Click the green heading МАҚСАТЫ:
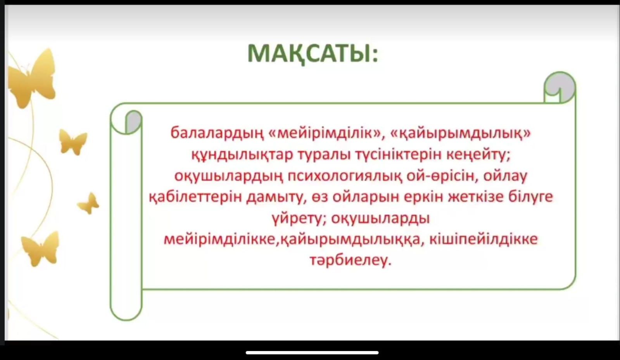[x=313, y=54]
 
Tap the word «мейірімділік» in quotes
[x=325, y=133]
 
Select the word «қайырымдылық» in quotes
[x=460, y=133]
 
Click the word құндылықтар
[x=242, y=155]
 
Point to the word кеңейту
[x=478, y=155]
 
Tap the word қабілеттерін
[x=195, y=197]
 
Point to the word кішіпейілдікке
[x=484, y=239]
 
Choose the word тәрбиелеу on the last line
[x=351, y=261]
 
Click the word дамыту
[x=276, y=197]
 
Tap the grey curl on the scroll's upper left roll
[x=133, y=121]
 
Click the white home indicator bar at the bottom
[x=312, y=353]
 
